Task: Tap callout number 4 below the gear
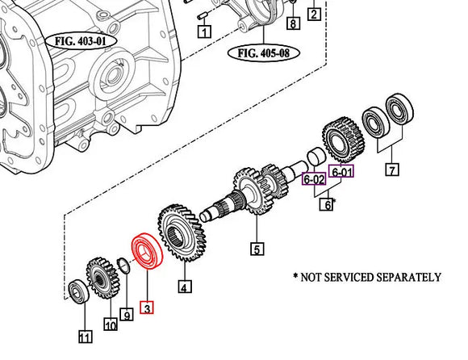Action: [184, 287]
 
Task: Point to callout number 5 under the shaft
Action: [257, 249]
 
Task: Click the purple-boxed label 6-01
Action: [342, 172]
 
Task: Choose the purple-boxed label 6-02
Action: [313, 179]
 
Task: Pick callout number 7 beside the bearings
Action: [392, 170]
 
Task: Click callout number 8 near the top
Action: [293, 23]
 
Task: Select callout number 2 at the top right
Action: [314, 13]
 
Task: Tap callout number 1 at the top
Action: [204, 32]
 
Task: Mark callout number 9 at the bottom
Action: [126, 313]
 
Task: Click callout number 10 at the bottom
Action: [110, 325]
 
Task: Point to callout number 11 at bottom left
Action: [84, 336]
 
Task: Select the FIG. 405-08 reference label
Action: [265, 54]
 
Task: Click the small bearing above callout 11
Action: [78, 291]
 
